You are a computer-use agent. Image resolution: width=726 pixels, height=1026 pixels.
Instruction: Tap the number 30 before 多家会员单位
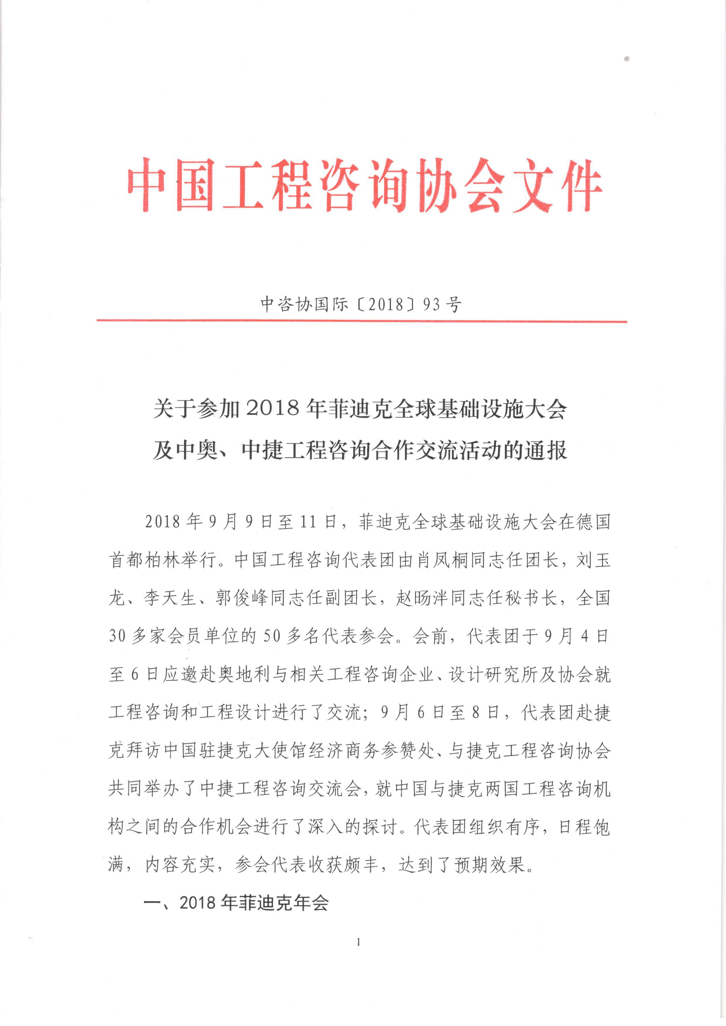(x=117, y=636)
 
